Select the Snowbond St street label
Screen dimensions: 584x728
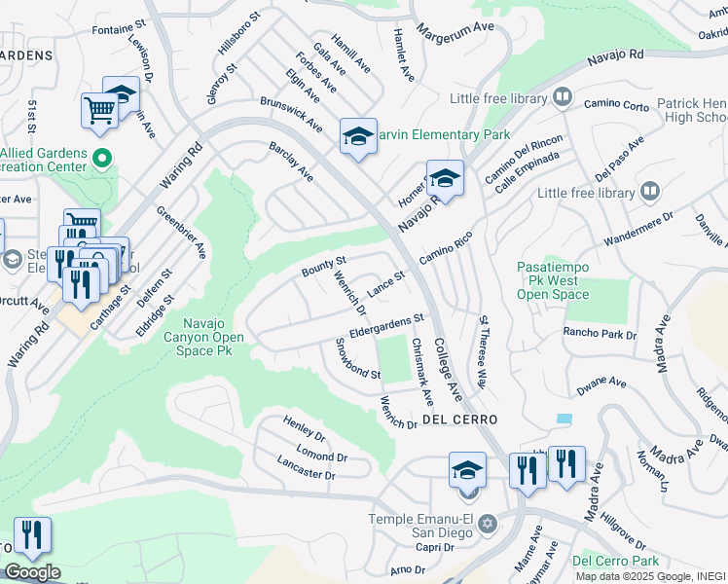(357, 360)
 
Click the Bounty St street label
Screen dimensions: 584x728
(324, 266)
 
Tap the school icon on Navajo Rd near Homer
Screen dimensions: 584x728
(445, 178)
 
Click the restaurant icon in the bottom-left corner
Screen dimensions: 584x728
(32, 535)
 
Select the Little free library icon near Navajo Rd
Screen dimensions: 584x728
(562, 97)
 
